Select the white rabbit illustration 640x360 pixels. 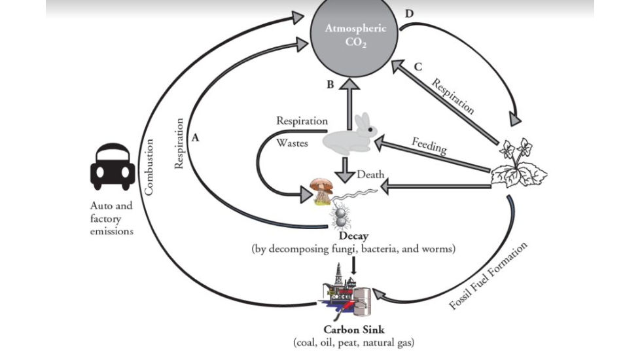click(x=351, y=135)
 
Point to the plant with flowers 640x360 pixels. click(x=520, y=164)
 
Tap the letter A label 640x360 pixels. click(x=195, y=138)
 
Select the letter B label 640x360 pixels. click(x=330, y=84)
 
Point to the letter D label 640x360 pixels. click(x=409, y=13)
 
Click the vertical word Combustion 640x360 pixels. click(x=149, y=166)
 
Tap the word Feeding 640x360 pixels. click(x=429, y=145)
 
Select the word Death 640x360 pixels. click(x=370, y=175)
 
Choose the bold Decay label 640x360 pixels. click(x=353, y=236)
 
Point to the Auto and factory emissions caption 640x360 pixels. click(x=111, y=218)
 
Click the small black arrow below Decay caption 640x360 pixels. click(x=353, y=266)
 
